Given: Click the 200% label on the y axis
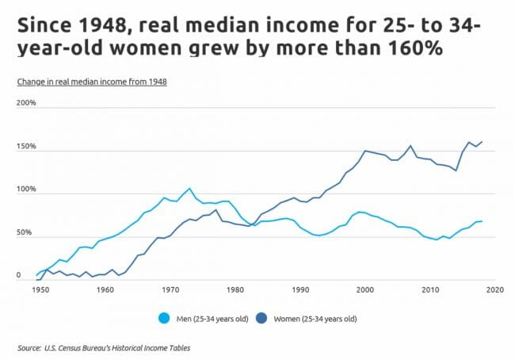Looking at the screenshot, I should tap(26, 103).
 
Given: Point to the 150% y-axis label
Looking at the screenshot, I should tap(26, 147).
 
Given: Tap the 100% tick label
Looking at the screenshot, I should tap(26, 190).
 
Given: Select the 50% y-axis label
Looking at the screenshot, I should tap(25, 233).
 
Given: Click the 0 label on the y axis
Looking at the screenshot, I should tap(18, 276).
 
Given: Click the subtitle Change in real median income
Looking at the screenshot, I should tap(91, 82).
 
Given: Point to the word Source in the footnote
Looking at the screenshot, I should tap(30, 347).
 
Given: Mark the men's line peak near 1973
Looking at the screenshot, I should tap(189, 189).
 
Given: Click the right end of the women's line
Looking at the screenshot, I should tap(482, 142).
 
